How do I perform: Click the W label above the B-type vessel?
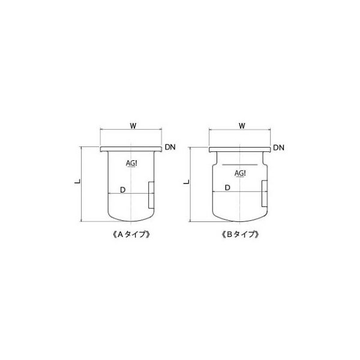point(241,126)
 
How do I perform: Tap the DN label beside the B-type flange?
point(279,148)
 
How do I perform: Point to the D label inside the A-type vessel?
point(122,190)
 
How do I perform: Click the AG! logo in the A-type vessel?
point(131,164)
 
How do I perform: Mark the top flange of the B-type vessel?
point(239,148)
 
